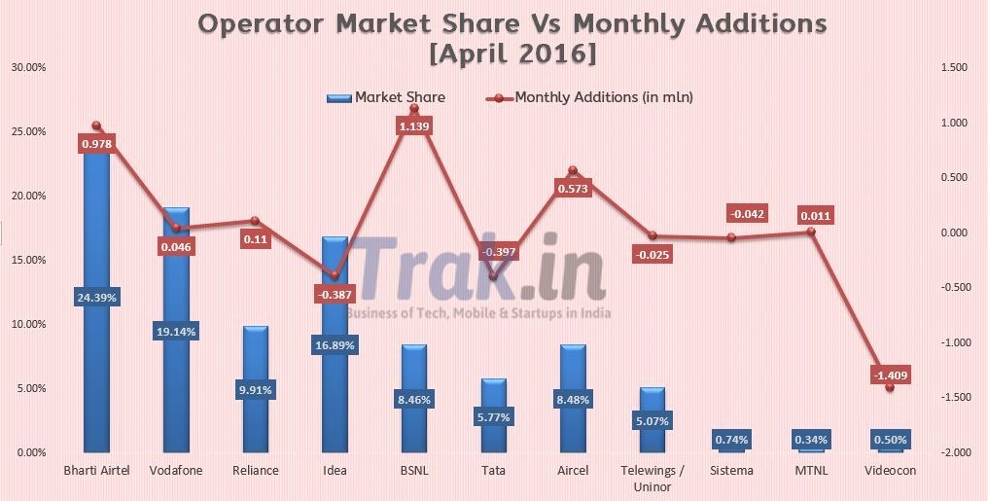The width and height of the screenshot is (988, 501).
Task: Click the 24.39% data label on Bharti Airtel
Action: point(96,298)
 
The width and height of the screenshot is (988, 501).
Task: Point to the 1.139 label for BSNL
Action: point(414,126)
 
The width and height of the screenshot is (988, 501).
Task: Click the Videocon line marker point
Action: point(890,387)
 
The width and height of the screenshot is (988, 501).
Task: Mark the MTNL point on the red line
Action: point(810,232)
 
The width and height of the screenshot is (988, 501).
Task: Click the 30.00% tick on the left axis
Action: point(28,67)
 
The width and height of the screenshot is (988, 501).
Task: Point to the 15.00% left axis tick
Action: point(28,260)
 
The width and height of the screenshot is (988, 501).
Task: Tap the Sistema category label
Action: point(731,471)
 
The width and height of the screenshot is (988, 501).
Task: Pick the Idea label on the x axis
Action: point(335,471)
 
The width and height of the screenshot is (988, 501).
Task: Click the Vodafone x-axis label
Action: point(176,471)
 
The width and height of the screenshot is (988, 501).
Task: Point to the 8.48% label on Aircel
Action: point(573,399)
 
